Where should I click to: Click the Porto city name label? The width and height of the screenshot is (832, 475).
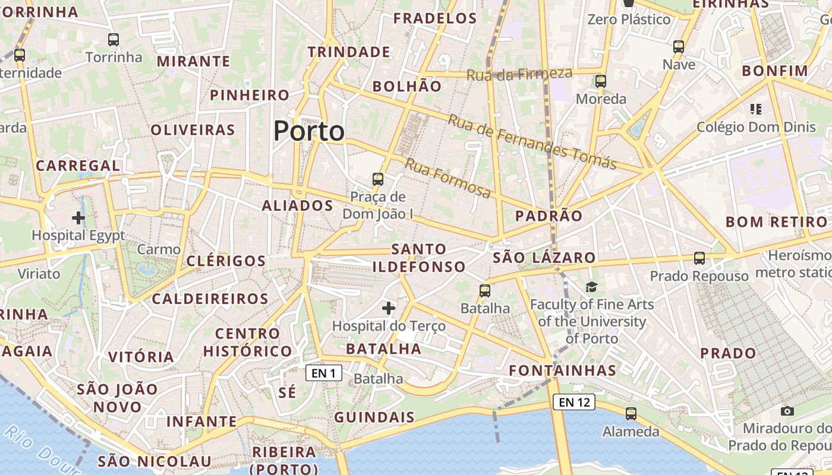tap(309, 131)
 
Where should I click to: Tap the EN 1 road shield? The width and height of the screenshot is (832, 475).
tap(324, 373)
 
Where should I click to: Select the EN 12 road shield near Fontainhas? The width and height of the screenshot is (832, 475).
tap(573, 402)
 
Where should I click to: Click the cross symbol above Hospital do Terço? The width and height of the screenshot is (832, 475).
tap(389, 308)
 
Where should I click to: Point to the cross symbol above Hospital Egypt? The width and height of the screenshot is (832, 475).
tap(78, 218)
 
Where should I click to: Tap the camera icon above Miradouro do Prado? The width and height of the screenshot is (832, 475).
tap(787, 411)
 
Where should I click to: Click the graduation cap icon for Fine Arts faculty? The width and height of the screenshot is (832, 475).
tap(591, 287)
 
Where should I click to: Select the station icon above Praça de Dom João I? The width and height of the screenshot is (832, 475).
tap(377, 179)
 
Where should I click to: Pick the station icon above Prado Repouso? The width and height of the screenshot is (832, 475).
tap(699, 258)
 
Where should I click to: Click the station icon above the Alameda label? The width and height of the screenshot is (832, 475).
tap(631, 414)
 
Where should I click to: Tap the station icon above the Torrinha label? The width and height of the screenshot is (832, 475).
tap(114, 40)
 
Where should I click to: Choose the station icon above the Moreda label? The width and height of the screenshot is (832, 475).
tap(601, 81)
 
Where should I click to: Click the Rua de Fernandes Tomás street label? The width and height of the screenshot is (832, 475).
tap(532, 142)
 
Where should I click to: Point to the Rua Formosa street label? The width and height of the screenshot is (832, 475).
tap(448, 178)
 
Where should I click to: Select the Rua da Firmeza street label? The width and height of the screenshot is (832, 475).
tap(519, 74)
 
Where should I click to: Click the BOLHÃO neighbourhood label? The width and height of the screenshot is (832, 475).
tap(407, 86)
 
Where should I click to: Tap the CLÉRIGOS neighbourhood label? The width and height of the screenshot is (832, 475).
tap(226, 261)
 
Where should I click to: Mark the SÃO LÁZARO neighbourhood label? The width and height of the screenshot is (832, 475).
tap(544, 258)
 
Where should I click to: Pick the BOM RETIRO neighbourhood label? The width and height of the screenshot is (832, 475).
tap(776, 222)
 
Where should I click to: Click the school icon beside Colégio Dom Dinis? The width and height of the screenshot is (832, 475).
tap(756, 109)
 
